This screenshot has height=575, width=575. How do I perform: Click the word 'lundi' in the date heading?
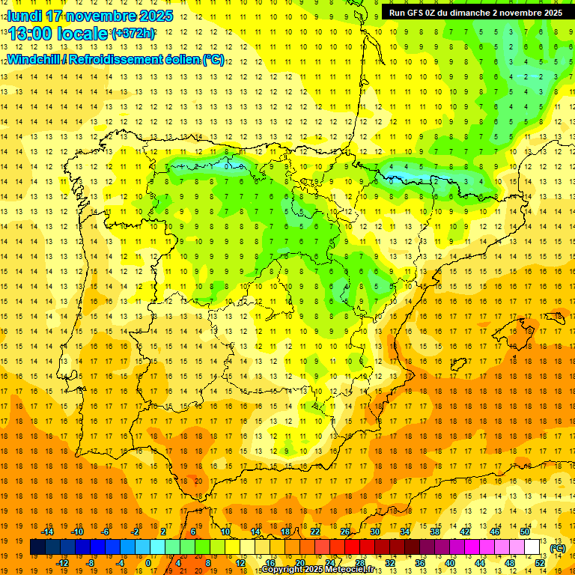pos(25,16)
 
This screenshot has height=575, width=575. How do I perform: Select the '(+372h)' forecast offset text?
pos(133,34)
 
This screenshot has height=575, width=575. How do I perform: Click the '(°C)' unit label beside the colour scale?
pos(558,548)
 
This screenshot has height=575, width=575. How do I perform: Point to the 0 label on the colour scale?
pos(148,563)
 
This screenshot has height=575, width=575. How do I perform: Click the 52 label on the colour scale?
pos(540,563)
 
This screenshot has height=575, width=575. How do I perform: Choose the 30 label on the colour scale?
pos(375,532)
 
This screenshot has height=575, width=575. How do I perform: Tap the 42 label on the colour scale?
pos(465,532)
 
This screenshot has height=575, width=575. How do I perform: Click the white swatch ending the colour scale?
pos(532,547)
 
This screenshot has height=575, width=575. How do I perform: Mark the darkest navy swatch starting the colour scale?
pos(37,547)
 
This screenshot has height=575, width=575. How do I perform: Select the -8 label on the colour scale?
pos(91,563)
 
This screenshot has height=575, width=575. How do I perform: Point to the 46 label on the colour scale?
pos(495,532)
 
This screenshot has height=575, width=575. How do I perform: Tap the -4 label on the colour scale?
pos(120,563)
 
